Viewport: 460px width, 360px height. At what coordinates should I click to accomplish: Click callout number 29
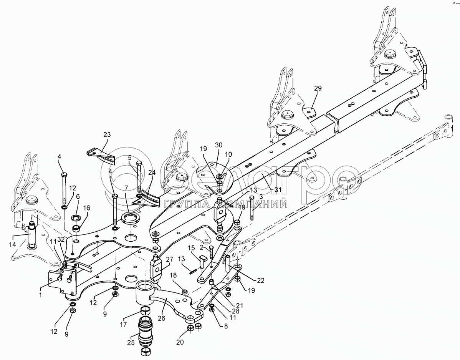coord(318,88)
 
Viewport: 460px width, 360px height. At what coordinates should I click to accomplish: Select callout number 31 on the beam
coord(278,190)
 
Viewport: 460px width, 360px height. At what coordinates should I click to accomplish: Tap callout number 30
coord(218,145)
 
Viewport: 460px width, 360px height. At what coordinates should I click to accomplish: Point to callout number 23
coord(107,135)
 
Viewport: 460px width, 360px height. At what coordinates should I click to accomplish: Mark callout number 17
coord(123,325)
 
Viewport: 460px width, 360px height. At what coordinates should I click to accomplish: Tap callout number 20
coord(180,342)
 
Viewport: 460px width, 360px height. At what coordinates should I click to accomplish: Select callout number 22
coord(260,281)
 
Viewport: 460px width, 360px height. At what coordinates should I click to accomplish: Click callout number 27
coord(170,259)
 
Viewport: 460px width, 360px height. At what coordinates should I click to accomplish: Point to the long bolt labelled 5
coord(139,177)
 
